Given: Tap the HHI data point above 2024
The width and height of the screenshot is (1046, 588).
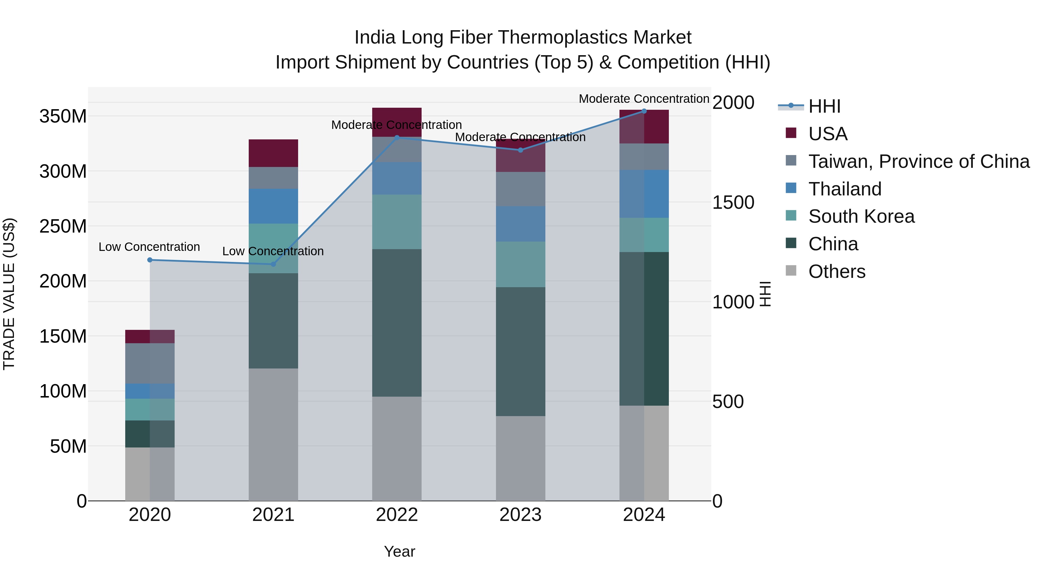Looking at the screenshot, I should click(644, 111).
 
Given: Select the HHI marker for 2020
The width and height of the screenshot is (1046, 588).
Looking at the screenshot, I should click(150, 260).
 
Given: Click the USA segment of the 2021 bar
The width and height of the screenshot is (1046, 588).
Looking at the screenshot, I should click(273, 153).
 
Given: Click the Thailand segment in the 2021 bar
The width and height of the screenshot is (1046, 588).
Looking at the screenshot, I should click(273, 206).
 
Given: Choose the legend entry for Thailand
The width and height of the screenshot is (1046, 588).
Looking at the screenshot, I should click(845, 189).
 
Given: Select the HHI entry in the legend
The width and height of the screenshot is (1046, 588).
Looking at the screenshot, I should click(824, 106).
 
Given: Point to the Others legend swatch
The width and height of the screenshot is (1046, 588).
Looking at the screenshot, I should click(791, 271).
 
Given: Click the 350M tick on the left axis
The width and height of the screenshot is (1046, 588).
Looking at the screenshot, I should click(63, 116).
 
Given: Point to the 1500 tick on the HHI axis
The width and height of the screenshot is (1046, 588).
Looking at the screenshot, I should click(733, 202).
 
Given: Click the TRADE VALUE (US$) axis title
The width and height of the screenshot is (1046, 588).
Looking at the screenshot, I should click(9, 294).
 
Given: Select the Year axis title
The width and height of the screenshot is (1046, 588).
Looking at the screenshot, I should click(400, 551).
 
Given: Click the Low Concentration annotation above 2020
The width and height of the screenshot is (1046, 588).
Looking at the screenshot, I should click(149, 247).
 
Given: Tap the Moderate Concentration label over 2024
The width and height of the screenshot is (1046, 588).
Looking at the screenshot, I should click(644, 99).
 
